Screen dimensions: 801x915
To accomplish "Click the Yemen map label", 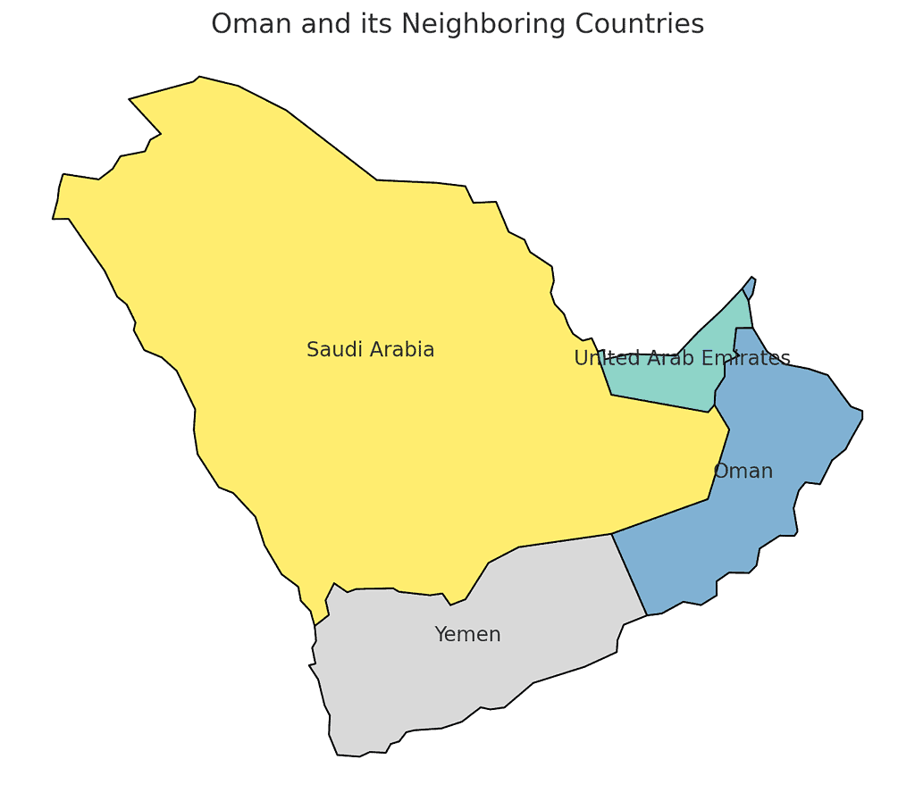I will click(467, 635).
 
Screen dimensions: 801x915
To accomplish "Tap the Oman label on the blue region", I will click(743, 471).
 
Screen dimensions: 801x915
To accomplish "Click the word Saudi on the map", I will click(330, 350).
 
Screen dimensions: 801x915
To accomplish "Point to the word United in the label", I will click(600, 359).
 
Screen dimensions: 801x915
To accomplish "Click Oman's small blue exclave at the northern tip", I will click(751, 287).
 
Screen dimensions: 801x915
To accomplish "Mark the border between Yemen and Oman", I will click(629, 574).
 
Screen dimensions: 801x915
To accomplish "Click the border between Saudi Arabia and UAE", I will click(661, 404).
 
